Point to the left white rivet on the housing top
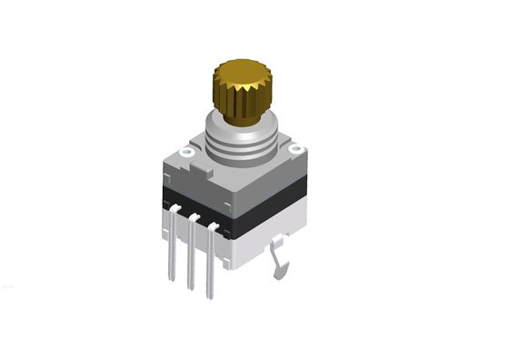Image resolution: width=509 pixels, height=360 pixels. coord(187,153)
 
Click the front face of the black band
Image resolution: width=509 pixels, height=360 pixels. coord(195,205)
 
